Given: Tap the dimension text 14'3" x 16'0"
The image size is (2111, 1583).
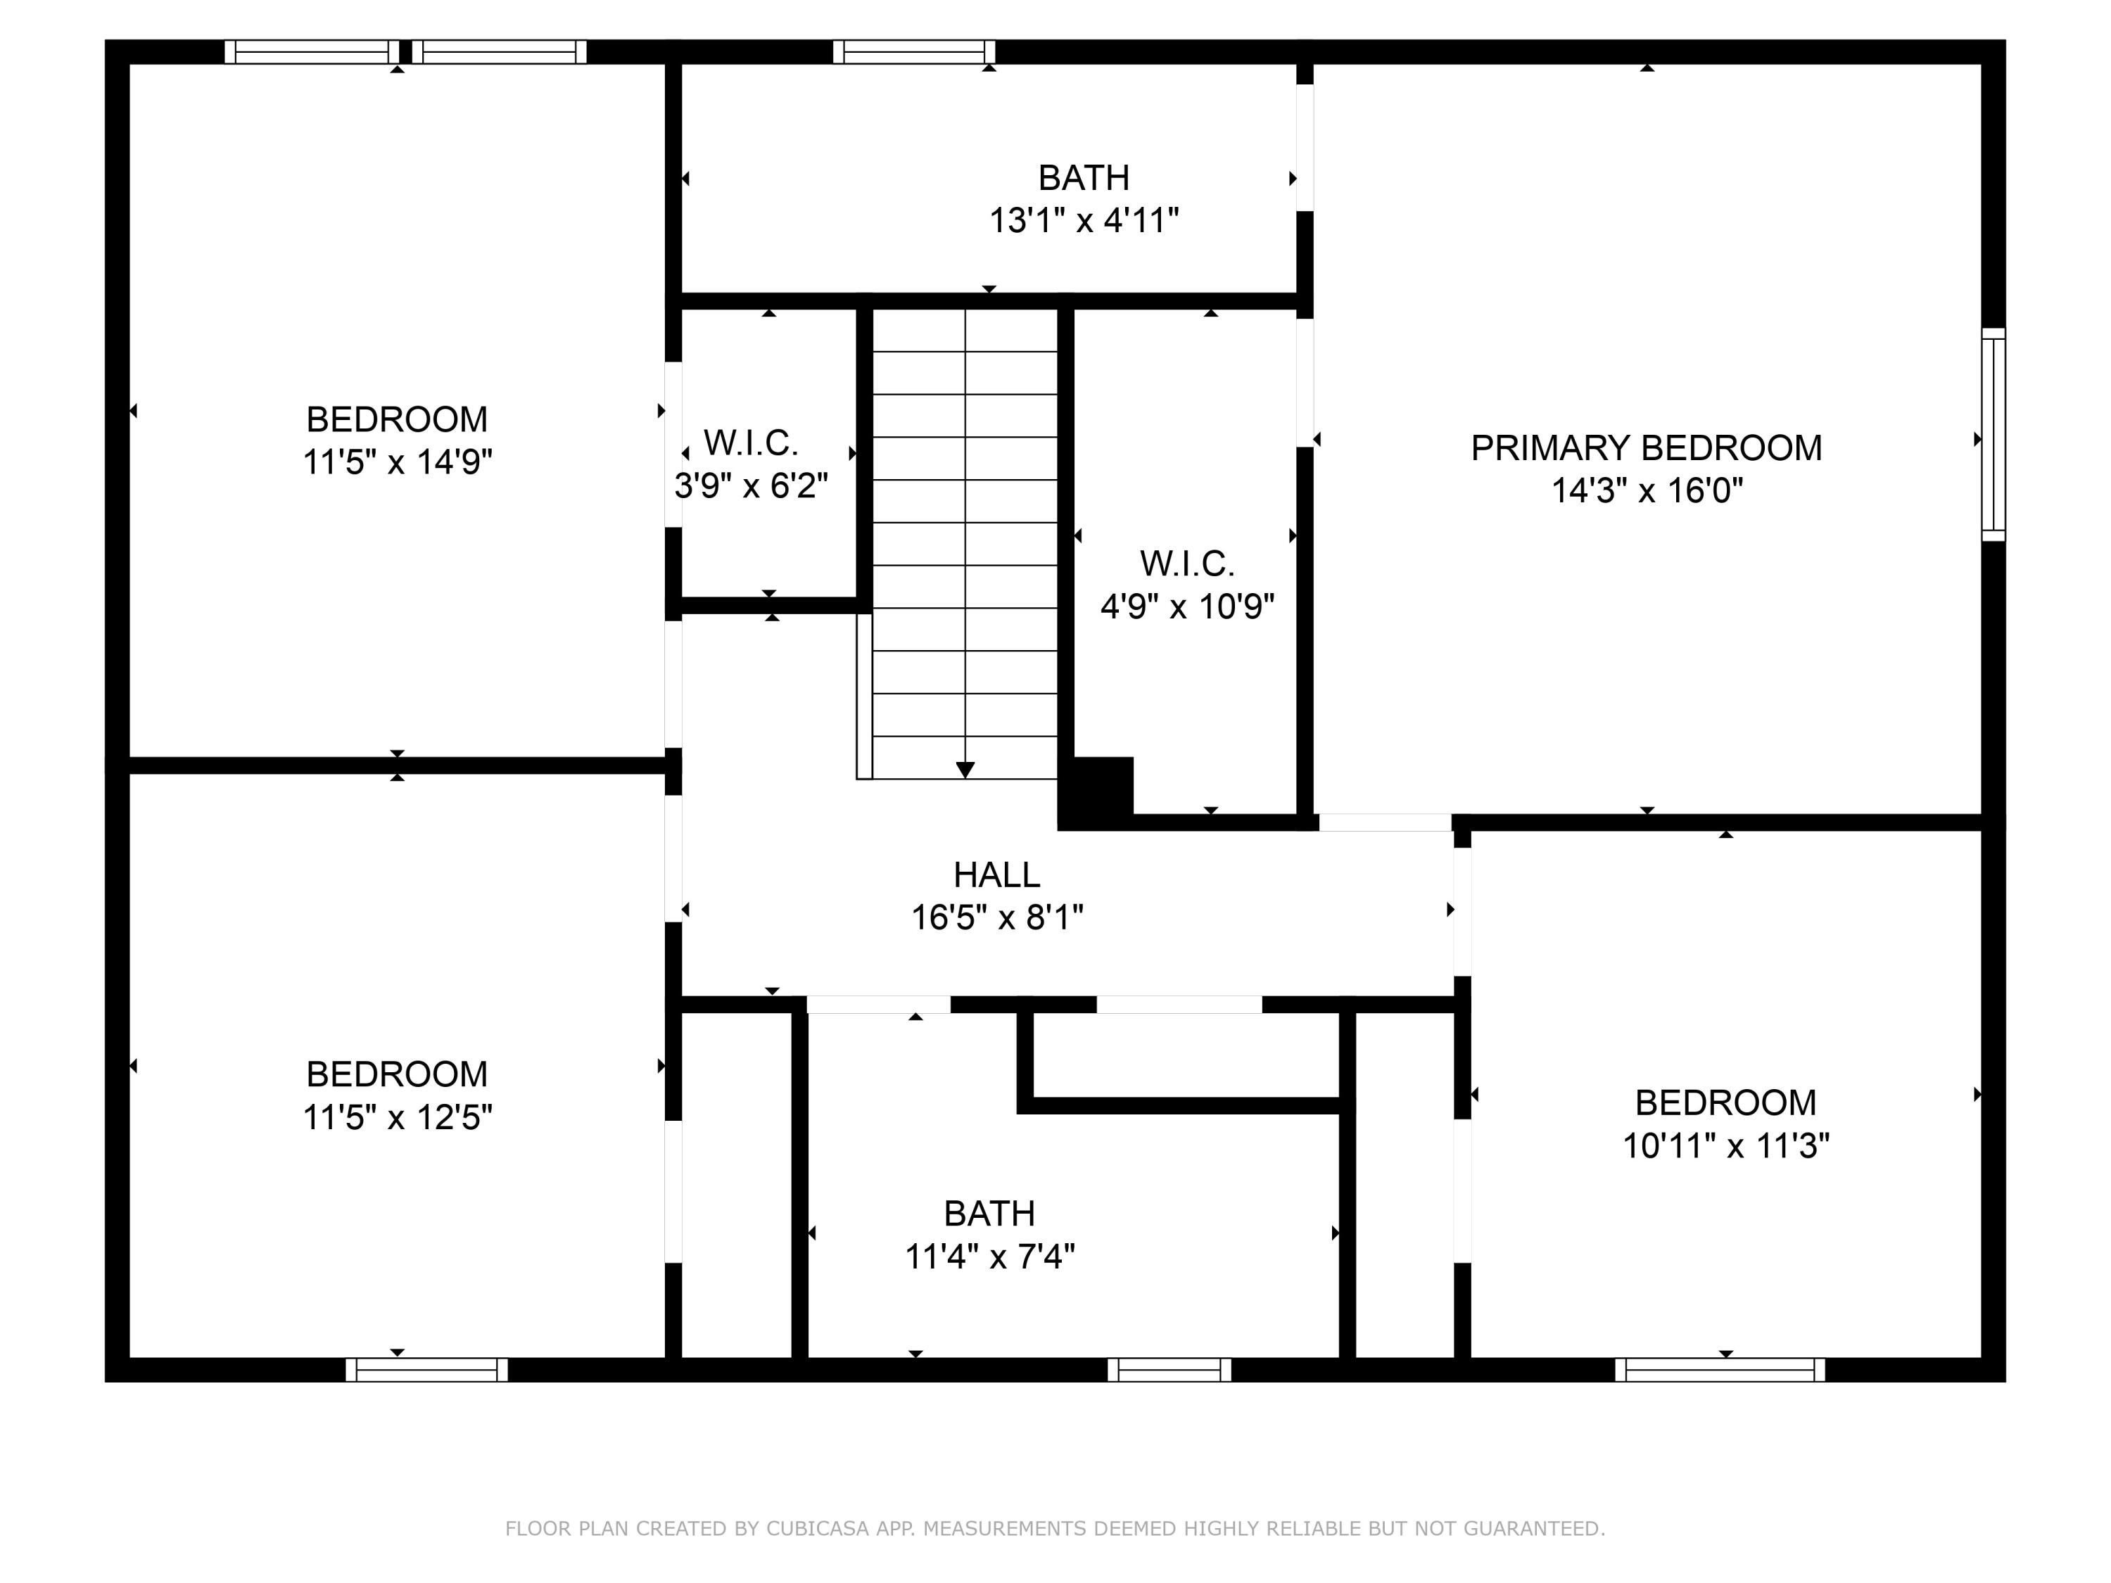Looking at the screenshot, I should [x=1647, y=490].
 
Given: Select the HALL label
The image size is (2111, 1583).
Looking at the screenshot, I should [x=996, y=874].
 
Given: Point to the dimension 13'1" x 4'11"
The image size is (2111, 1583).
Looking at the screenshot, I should [x=1083, y=220].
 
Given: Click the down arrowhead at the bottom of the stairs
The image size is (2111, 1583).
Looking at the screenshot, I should [x=965, y=769].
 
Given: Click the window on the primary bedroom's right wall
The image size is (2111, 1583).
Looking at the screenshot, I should [x=1993, y=434].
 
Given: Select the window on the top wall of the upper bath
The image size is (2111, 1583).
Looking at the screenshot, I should [x=913, y=51].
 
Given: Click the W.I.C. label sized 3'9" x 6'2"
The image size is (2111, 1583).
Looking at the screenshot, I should [x=751, y=443].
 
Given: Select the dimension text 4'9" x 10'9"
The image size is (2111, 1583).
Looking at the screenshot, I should [x=1187, y=606].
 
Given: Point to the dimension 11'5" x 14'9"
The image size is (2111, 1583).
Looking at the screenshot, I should [x=397, y=462].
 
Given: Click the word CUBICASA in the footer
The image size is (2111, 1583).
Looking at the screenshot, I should [x=817, y=1529].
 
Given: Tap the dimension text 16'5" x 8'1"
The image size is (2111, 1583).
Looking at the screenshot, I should [x=996, y=917].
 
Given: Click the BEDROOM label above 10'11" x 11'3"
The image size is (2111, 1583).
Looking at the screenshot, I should [x=1725, y=1102].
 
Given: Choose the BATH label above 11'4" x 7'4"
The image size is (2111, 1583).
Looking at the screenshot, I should [x=989, y=1213].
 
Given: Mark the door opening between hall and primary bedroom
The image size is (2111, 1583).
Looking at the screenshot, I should [x=1385, y=822].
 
